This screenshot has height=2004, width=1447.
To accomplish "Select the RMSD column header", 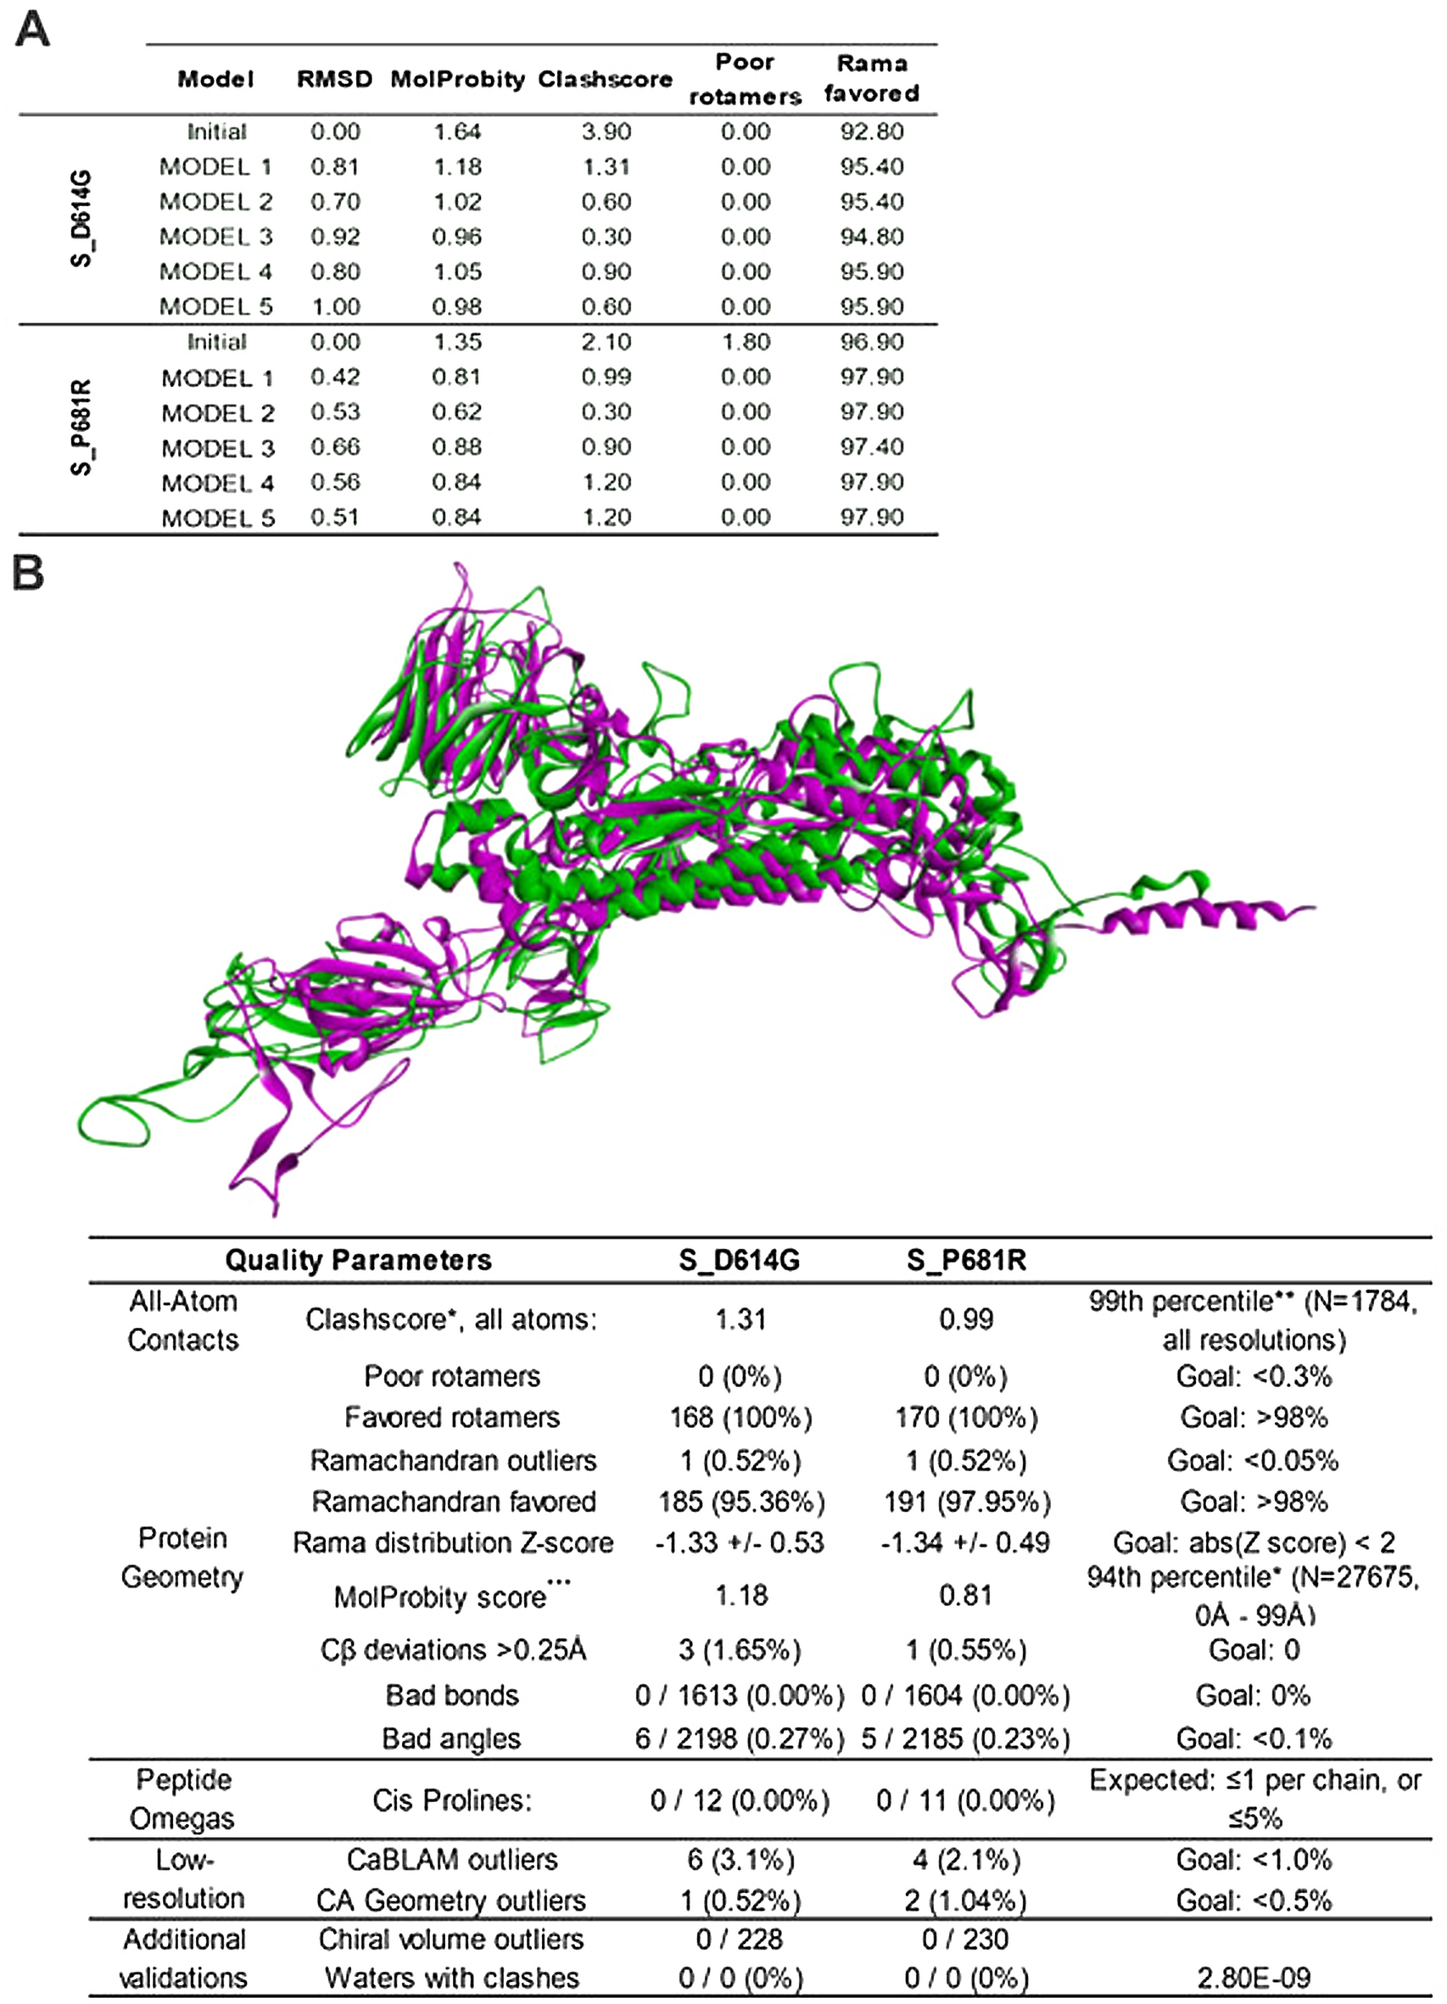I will pyautogui.click(x=334, y=80).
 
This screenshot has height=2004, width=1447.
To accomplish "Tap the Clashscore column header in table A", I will pyautogui.click(x=605, y=80).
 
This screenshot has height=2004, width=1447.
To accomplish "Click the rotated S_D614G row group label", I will pyautogui.click(x=81, y=218).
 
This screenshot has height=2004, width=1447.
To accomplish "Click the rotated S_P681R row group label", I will pyautogui.click(x=81, y=428).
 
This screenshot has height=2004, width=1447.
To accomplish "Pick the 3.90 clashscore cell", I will pyautogui.click(x=606, y=132).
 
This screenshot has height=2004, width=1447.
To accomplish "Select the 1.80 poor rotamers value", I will pyautogui.click(x=745, y=342).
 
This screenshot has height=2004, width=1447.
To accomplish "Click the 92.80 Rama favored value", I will pyautogui.click(x=871, y=132).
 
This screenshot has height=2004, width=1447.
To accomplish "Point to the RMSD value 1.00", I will pyautogui.click(x=335, y=306).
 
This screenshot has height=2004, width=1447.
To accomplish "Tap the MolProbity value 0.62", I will pyautogui.click(x=456, y=411).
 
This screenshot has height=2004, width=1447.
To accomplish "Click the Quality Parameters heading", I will pyautogui.click(x=358, y=1260).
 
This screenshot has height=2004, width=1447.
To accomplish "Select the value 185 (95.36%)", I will pyautogui.click(x=740, y=1501).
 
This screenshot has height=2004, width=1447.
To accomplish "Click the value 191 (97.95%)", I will pyautogui.click(x=966, y=1501).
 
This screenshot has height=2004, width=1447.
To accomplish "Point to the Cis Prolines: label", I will pyautogui.click(x=451, y=1800).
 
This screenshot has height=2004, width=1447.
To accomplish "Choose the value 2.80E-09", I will pyautogui.click(x=1254, y=1978).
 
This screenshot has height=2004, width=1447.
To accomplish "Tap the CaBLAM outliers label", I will pyautogui.click(x=451, y=1859).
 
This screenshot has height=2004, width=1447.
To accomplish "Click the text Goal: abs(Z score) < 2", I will pyautogui.click(x=1254, y=1542).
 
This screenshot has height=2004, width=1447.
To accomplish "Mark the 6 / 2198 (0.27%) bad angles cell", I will pyautogui.click(x=740, y=1739).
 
